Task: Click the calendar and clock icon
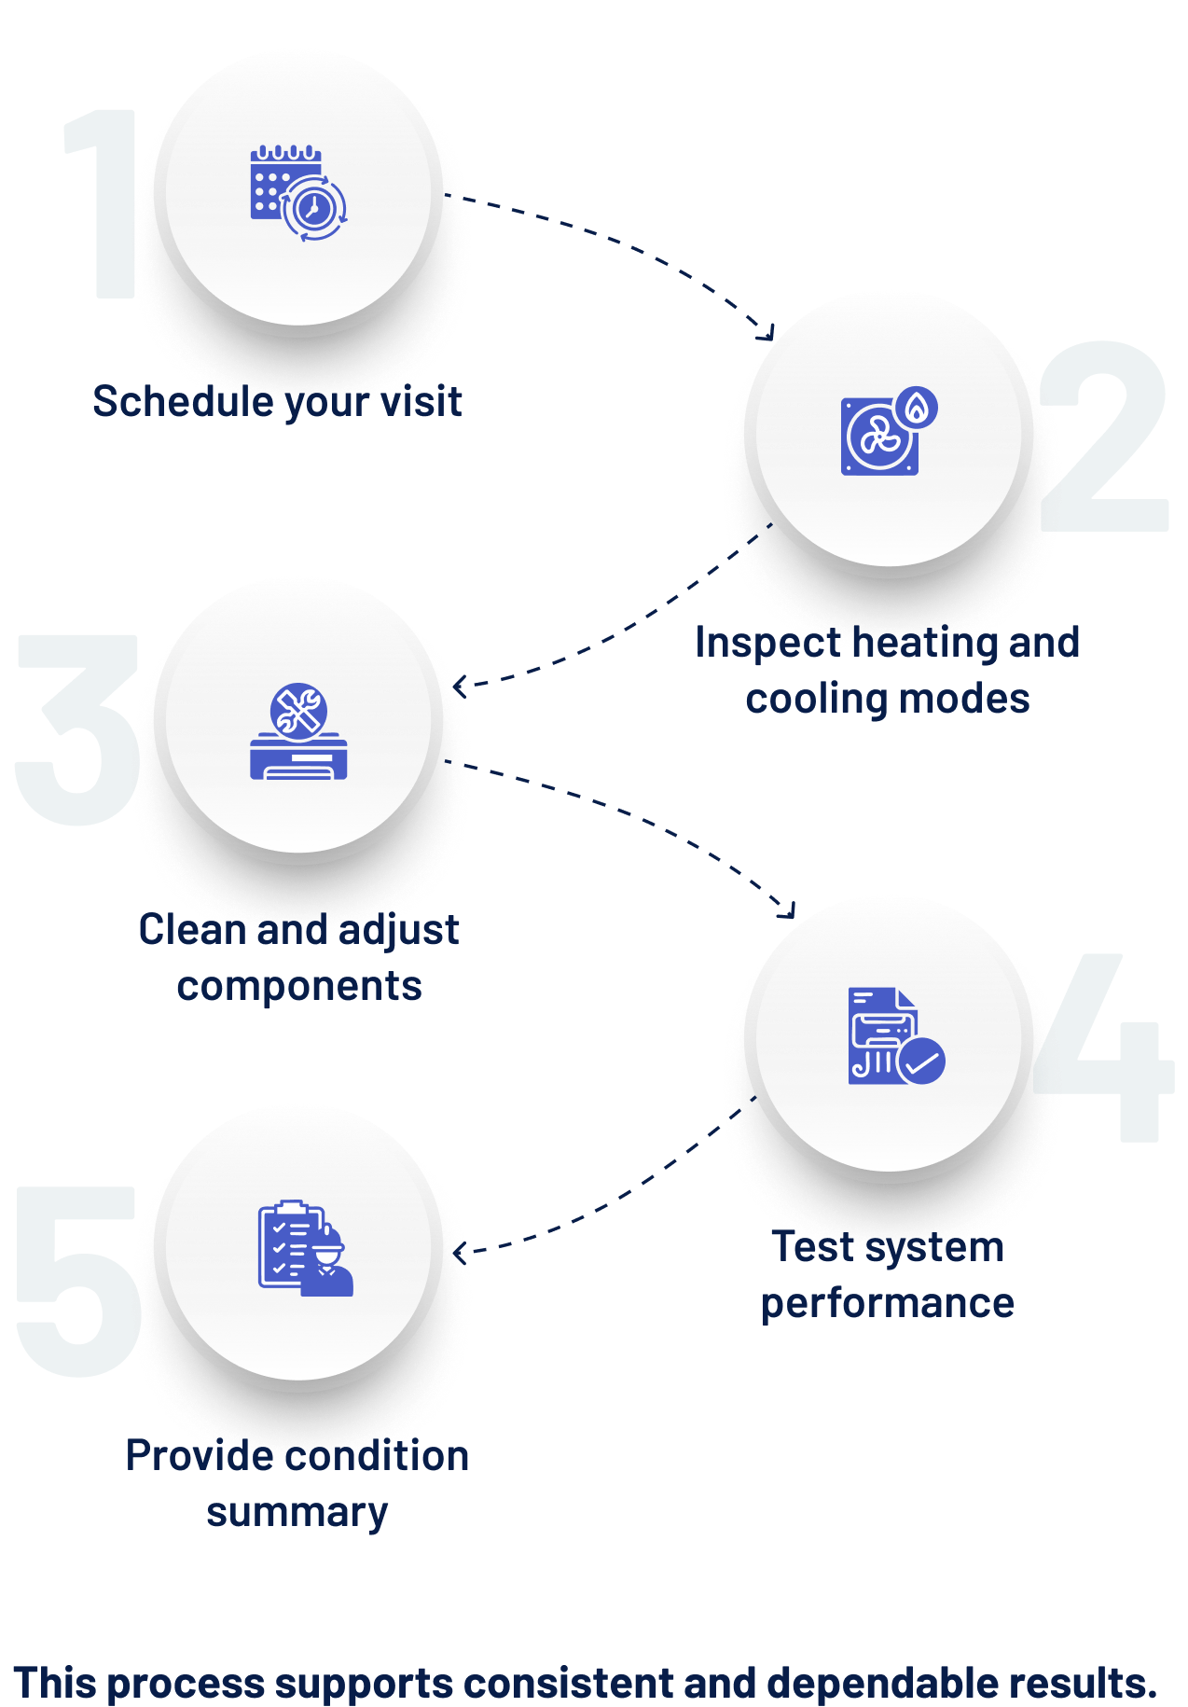pyautogui.click(x=298, y=194)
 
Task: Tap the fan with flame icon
pyautogui.click(x=889, y=431)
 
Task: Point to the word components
pyautogui.click(x=299, y=987)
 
